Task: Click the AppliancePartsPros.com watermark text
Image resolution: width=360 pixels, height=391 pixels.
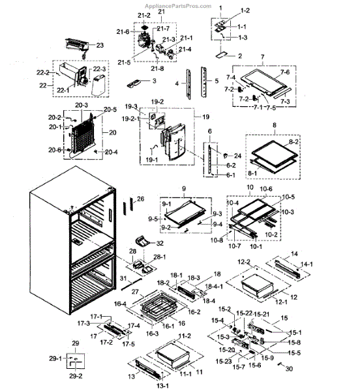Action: [x=180, y=6]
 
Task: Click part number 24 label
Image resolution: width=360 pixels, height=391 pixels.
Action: [x=237, y=156]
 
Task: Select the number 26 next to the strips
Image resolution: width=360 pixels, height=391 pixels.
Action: [x=140, y=198]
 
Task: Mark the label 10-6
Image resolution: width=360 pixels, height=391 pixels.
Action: [x=266, y=189]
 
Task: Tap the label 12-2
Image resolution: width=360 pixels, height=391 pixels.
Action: [x=244, y=261]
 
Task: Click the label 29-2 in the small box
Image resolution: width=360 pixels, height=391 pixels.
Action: [x=76, y=377]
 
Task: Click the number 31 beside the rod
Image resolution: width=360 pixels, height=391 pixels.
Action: [x=121, y=278]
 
